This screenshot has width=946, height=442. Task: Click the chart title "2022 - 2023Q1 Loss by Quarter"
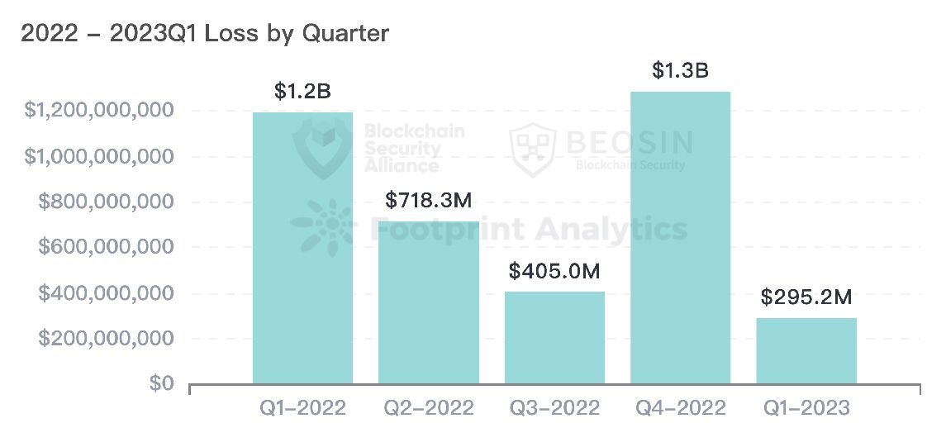(x=204, y=33)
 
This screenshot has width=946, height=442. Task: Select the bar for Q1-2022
(x=302, y=248)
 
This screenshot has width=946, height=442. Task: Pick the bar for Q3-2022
(x=554, y=338)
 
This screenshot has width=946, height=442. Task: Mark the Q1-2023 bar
(x=806, y=351)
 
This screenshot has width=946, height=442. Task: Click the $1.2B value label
(x=302, y=91)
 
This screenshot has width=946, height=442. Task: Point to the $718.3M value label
(x=428, y=200)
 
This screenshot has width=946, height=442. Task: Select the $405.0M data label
(x=554, y=271)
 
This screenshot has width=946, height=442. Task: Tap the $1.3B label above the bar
(x=680, y=70)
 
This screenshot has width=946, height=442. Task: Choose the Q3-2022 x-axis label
(x=554, y=408)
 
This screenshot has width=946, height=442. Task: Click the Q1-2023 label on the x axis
(x=806, y=408)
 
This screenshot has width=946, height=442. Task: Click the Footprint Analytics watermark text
(x=529, y=228)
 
